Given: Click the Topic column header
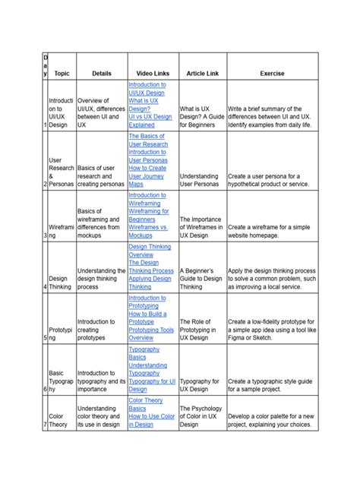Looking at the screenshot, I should (62, 74).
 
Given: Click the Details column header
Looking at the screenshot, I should (101, 74).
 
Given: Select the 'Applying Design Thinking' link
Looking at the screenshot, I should (150, 283).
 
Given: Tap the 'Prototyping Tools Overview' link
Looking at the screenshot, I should (151, 334).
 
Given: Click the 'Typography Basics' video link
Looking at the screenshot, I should (144, 353).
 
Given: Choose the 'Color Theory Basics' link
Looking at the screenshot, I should (146, 403).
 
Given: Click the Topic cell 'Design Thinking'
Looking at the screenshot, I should (58, 283).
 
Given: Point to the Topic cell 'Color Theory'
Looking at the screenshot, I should (58, 420).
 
